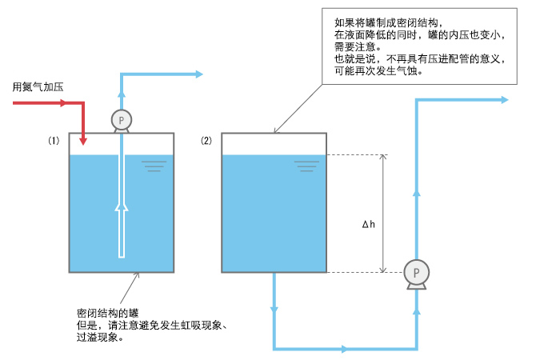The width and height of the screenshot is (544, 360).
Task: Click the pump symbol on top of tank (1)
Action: pos(122,121)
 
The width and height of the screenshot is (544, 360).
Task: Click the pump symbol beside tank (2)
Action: pos(416,274)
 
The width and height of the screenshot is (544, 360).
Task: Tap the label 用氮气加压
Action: pos(38,86)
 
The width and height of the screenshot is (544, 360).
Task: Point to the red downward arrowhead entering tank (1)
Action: pos(83,141)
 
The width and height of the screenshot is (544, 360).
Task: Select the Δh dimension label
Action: pos(369,224)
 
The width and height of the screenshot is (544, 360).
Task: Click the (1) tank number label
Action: pos(54,141)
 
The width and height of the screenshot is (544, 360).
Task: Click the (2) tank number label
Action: pos(206,141)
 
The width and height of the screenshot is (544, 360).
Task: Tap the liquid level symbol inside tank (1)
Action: pos(154,166)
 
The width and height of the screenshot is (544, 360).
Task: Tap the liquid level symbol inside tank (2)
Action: pos(306,166)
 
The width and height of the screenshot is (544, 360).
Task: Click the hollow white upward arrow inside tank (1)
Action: pos(122,230)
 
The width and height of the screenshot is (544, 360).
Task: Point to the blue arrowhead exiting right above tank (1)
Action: pos(198,74)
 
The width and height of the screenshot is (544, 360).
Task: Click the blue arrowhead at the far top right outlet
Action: pos(505,100)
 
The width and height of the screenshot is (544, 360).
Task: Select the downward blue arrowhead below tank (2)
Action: pos(274,310)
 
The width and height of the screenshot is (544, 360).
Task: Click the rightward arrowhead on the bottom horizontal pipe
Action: pos(344,349)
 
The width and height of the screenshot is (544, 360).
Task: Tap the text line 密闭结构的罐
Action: pos(107,313)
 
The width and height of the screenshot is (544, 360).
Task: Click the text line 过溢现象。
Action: pos(100,337)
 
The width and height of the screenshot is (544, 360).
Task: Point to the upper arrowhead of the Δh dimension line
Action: pos(382,157)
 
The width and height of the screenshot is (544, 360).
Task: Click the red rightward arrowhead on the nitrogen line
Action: pos(62,102)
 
